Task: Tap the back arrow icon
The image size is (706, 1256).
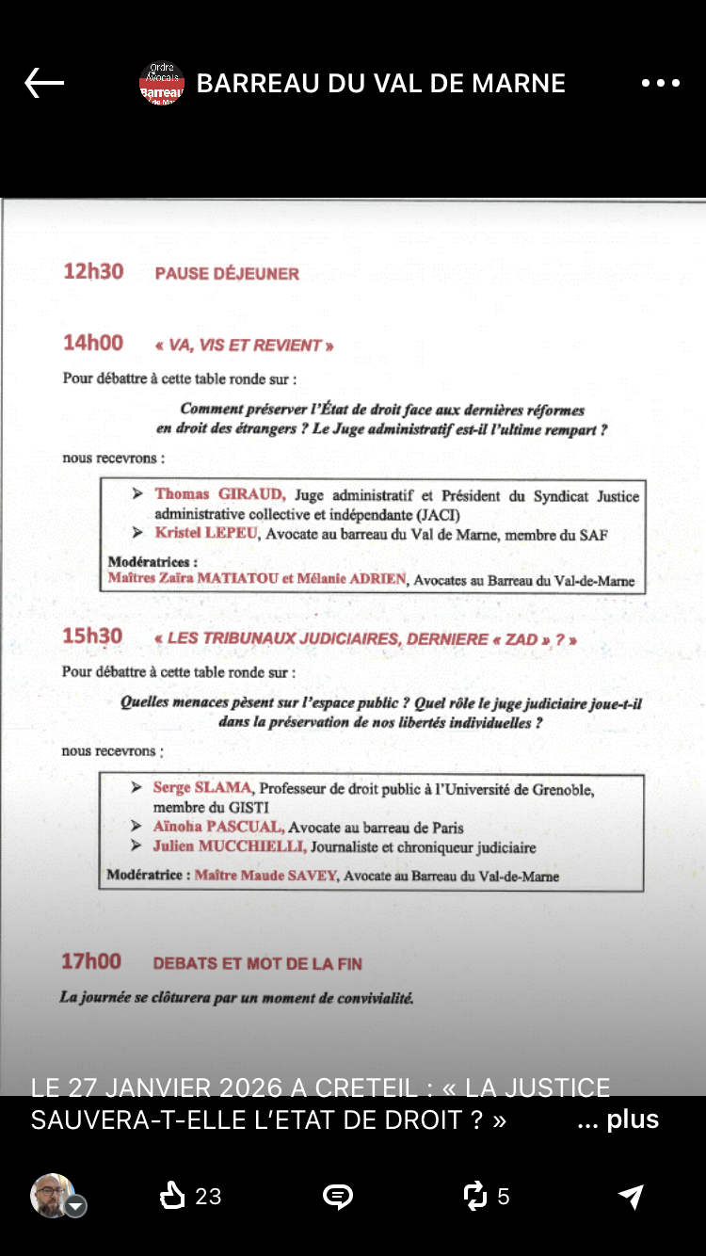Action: coord(44,83)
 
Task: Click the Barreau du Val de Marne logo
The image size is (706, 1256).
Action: coord(162,84)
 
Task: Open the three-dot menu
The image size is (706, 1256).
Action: coord(660,83)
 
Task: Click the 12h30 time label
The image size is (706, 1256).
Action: coord(93,272)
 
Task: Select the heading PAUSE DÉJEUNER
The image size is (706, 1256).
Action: coord(227,274)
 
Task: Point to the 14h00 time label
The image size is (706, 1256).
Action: coord(93,344)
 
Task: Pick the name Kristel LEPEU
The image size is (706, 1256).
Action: coord(207,534)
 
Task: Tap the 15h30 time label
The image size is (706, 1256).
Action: coord(92,636)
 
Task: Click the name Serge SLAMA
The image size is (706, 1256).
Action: coord(203,787)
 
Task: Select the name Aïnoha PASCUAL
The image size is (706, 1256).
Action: coord(217,827)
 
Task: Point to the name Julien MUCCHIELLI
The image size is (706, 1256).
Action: coord(229,846)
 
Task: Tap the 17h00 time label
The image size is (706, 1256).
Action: coord(91,961)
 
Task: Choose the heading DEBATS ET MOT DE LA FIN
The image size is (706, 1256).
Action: coord(257,963)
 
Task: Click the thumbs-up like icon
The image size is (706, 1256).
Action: coord(173,1196)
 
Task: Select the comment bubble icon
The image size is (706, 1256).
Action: coord(337,1196)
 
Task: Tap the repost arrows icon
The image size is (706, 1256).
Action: coord(475,1196)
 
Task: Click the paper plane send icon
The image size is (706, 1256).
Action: coord(630,1196)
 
